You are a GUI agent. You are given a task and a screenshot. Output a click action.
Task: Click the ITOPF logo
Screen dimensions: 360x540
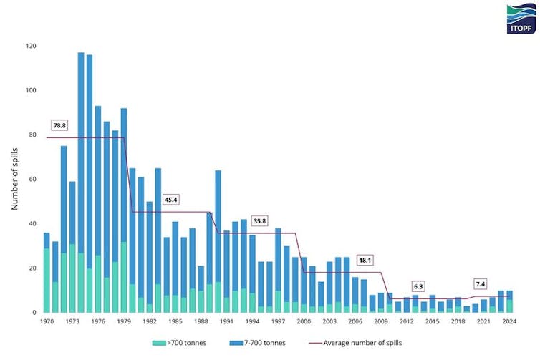click(519, 18)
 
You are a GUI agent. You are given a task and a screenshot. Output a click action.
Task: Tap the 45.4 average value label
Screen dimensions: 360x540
click(172, 200)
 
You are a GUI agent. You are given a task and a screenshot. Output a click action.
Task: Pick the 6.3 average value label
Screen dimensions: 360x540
click(418, 286)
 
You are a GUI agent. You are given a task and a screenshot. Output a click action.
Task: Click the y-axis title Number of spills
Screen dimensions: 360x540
click(15, 179)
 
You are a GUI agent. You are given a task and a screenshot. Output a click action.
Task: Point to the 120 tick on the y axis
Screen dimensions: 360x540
click(31, 46)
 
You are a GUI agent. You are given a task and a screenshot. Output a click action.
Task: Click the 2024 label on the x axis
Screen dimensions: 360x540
click(509, 322)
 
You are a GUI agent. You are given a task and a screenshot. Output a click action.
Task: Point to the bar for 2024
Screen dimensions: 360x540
click(509, 301)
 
